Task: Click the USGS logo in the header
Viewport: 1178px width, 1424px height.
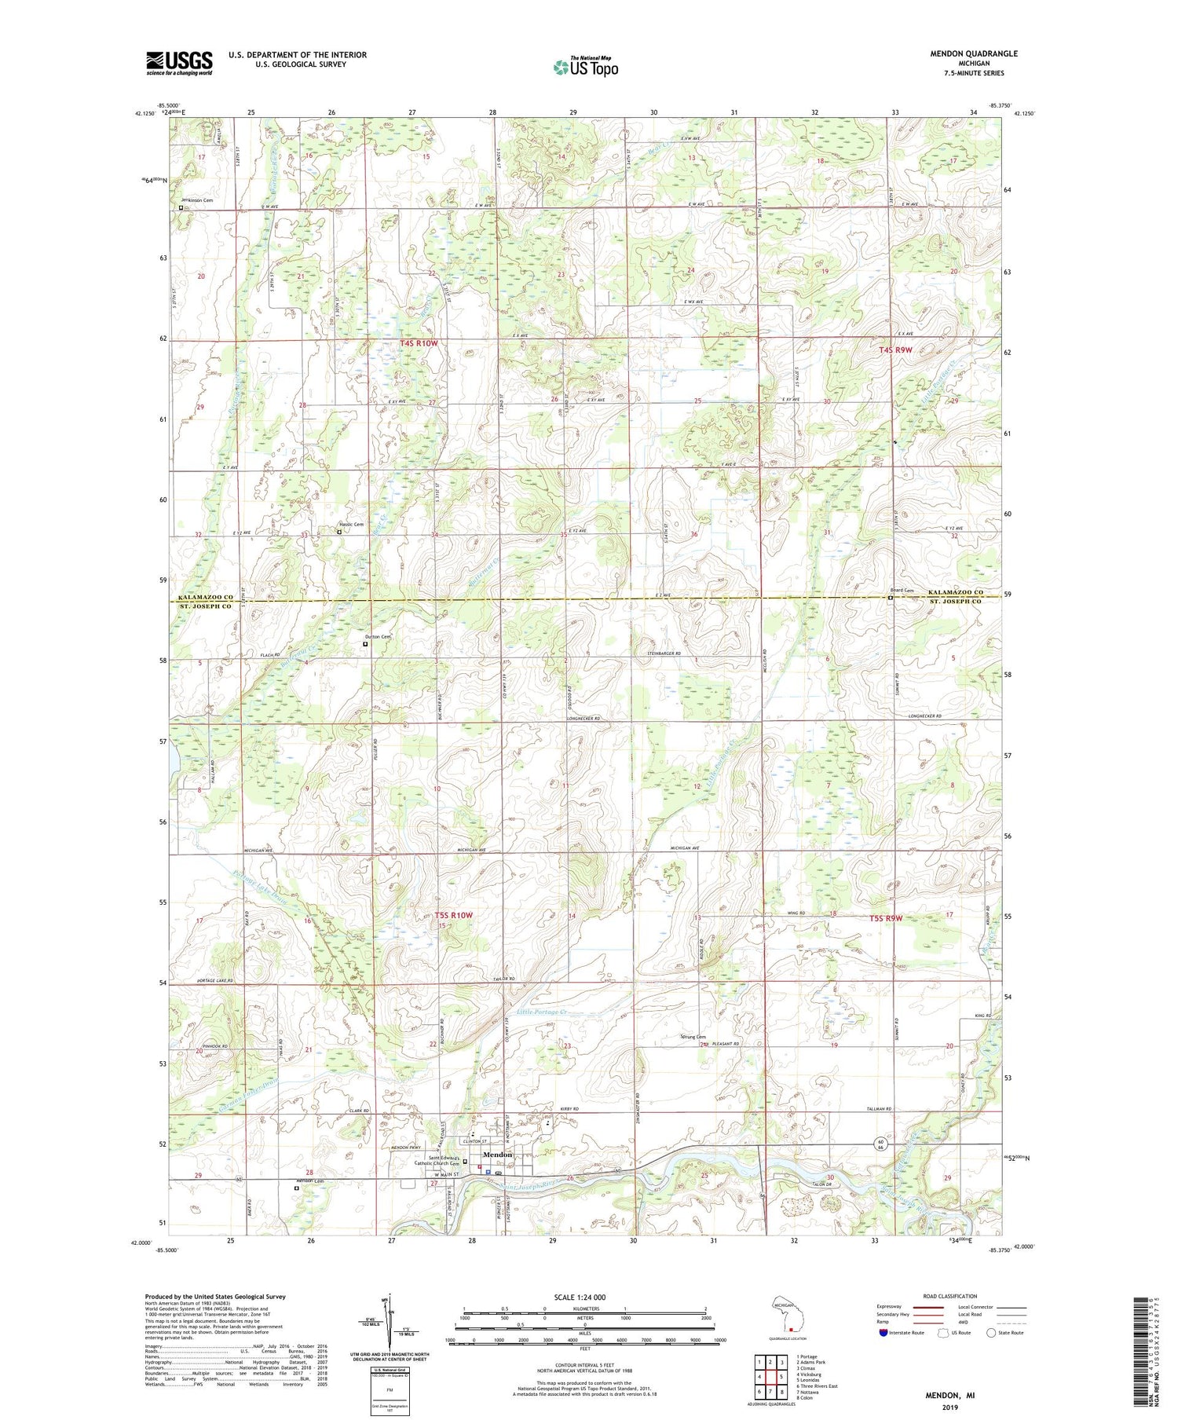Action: pos(179,63)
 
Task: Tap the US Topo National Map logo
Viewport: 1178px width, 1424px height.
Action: pos(586,67)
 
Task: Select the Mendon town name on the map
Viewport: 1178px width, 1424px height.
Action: pos(497,1155)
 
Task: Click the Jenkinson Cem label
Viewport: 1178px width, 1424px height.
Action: pos(197,200)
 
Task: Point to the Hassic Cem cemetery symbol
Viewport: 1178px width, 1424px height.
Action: pos(339,532)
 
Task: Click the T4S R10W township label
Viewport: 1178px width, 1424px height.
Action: pos(418,343)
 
